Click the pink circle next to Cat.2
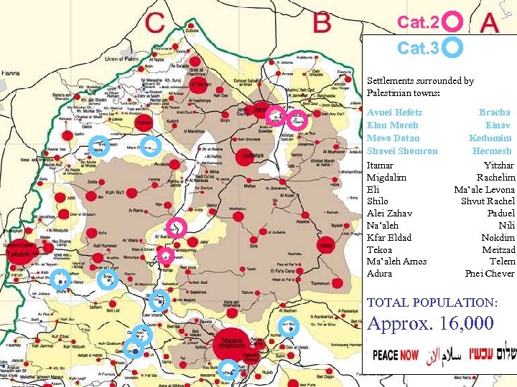[x=452, y=21]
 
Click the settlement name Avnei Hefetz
[x=394, y=113]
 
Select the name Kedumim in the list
[x=490, y=138]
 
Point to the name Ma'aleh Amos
[x=396, y=261]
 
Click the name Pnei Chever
[x=490, y=273]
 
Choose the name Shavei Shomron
[x=402, y=150]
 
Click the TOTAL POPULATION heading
[x=432, y=302]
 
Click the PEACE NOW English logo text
[x=396, y=355]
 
